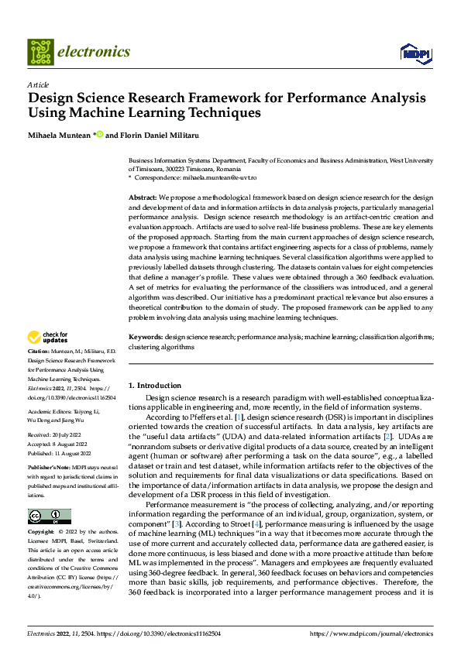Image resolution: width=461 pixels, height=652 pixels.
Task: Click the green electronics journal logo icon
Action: point(40,52)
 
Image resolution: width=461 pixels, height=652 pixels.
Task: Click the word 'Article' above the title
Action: point(38,84)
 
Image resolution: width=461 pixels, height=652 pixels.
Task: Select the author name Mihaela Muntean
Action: point(60,135)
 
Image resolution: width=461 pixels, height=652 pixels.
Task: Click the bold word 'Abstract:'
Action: point(143,198)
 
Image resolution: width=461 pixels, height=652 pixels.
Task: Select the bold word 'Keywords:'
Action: point(146,338)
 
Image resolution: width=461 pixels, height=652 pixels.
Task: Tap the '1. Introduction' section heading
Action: point(155,385)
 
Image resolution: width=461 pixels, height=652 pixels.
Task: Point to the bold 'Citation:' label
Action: point(40,352)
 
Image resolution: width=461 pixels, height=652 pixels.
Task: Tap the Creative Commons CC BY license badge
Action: point(49,516)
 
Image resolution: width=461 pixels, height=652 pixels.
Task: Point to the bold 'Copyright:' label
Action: point(41,533)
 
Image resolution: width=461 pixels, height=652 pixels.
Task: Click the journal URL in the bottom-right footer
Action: point(371,633)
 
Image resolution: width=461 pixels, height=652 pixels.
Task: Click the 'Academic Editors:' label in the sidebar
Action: point(51,411)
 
